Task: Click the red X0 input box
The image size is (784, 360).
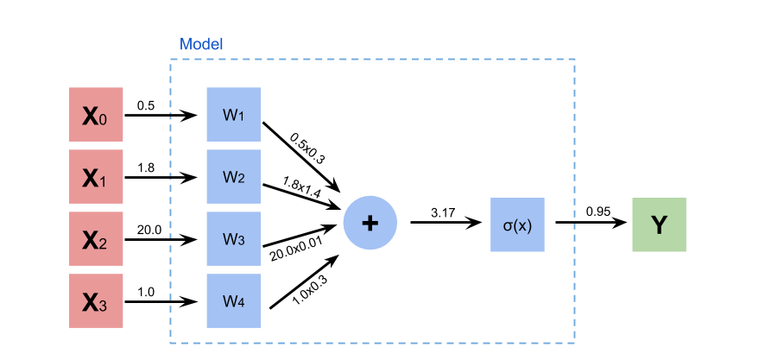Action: point(96,115)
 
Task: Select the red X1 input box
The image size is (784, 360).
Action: point(96,176)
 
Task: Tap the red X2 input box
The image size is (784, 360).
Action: point(96,238)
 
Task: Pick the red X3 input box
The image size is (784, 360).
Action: point(96,300)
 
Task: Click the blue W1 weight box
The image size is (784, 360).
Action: point(233,115)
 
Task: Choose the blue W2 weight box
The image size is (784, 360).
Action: point(233,176)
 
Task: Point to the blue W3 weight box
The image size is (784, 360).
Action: point(233,238)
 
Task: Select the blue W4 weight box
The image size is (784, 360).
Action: point(233,300)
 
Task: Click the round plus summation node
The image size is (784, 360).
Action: point(370,223)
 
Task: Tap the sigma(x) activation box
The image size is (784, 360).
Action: point(517,224)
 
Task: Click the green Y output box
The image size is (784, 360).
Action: point(659,224)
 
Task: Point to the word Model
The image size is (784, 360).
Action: point(201,44)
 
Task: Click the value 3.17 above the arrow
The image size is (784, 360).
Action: point(443,212)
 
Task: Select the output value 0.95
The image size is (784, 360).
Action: point(598,212)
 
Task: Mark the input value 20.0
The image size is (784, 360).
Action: point(149,230)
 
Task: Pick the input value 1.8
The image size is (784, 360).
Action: point(146,167)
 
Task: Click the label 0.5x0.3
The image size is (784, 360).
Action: point(307,148)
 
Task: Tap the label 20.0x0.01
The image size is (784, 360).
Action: point(295,249)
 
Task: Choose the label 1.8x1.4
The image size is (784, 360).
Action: point(301,187)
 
